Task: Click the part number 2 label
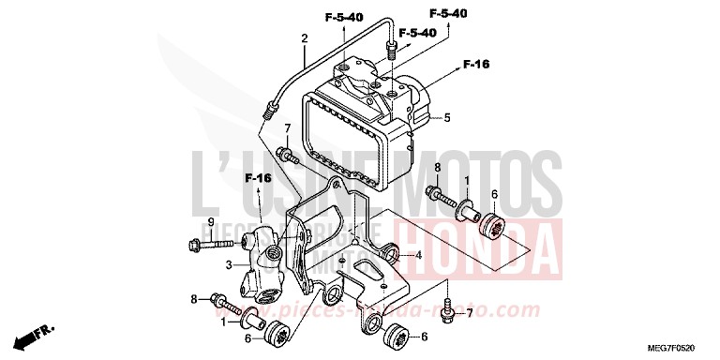[304, 38]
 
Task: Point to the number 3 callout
[227, 266]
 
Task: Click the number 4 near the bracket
[419, 254]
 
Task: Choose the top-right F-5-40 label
[449, 13]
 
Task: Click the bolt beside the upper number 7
[285, 153]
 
